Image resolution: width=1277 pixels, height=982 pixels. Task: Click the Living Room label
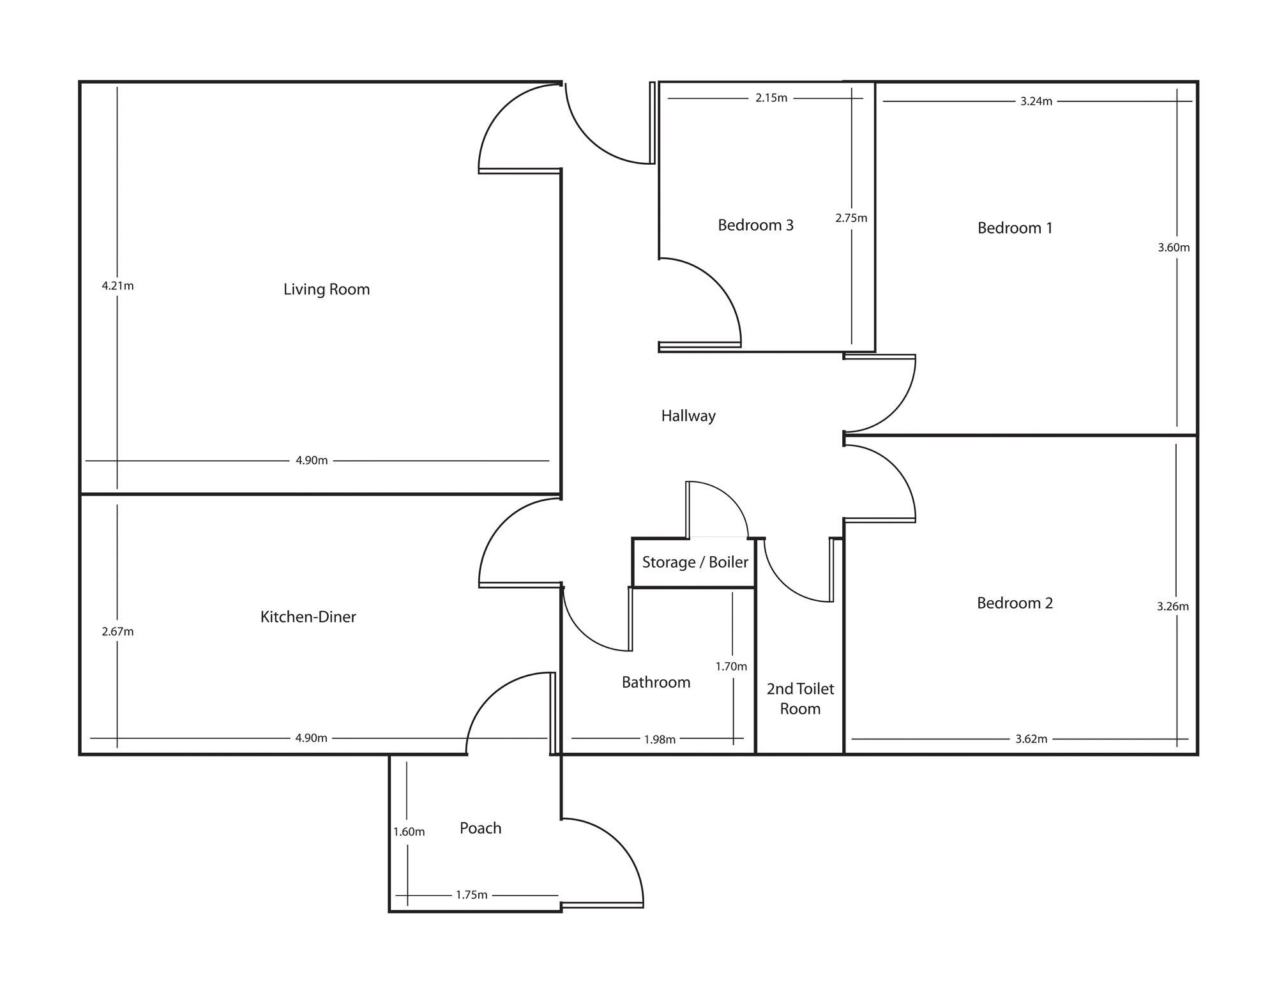pos(326,289)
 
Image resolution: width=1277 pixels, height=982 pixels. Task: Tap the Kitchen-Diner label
pos(308,617)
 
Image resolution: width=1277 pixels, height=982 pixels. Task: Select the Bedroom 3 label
pos(755,225)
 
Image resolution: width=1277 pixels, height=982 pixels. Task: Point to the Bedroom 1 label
pos(1015,228)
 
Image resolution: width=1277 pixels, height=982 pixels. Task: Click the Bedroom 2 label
pos(1015,603)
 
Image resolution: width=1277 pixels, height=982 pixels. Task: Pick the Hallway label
pos(688,416)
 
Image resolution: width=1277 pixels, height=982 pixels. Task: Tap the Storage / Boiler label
pos(695,562)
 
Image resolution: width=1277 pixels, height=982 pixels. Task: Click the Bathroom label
pos(656,682)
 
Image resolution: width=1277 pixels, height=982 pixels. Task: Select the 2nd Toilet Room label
pos(800,699)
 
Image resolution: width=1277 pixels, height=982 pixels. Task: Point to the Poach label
pos(480,828)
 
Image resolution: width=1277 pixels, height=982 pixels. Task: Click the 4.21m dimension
pos(117,285)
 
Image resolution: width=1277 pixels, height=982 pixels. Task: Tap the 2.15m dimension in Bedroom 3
pos(771,98)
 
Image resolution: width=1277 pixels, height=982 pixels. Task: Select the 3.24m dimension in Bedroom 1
pos(1036,101)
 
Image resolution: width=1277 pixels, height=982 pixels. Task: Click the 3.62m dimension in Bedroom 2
pos(1031,739)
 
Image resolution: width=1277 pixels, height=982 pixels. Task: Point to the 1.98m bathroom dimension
pos(659,739)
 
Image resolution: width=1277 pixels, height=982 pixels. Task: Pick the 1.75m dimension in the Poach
pos(471,895)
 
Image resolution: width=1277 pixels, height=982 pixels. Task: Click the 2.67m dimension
pos(117,631)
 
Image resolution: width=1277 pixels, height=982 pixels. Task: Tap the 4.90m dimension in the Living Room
pos(312,460)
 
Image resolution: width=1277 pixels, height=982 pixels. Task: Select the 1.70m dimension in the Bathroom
pos(730,666)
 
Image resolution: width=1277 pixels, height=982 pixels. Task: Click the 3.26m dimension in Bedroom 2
pos(1172,606)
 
